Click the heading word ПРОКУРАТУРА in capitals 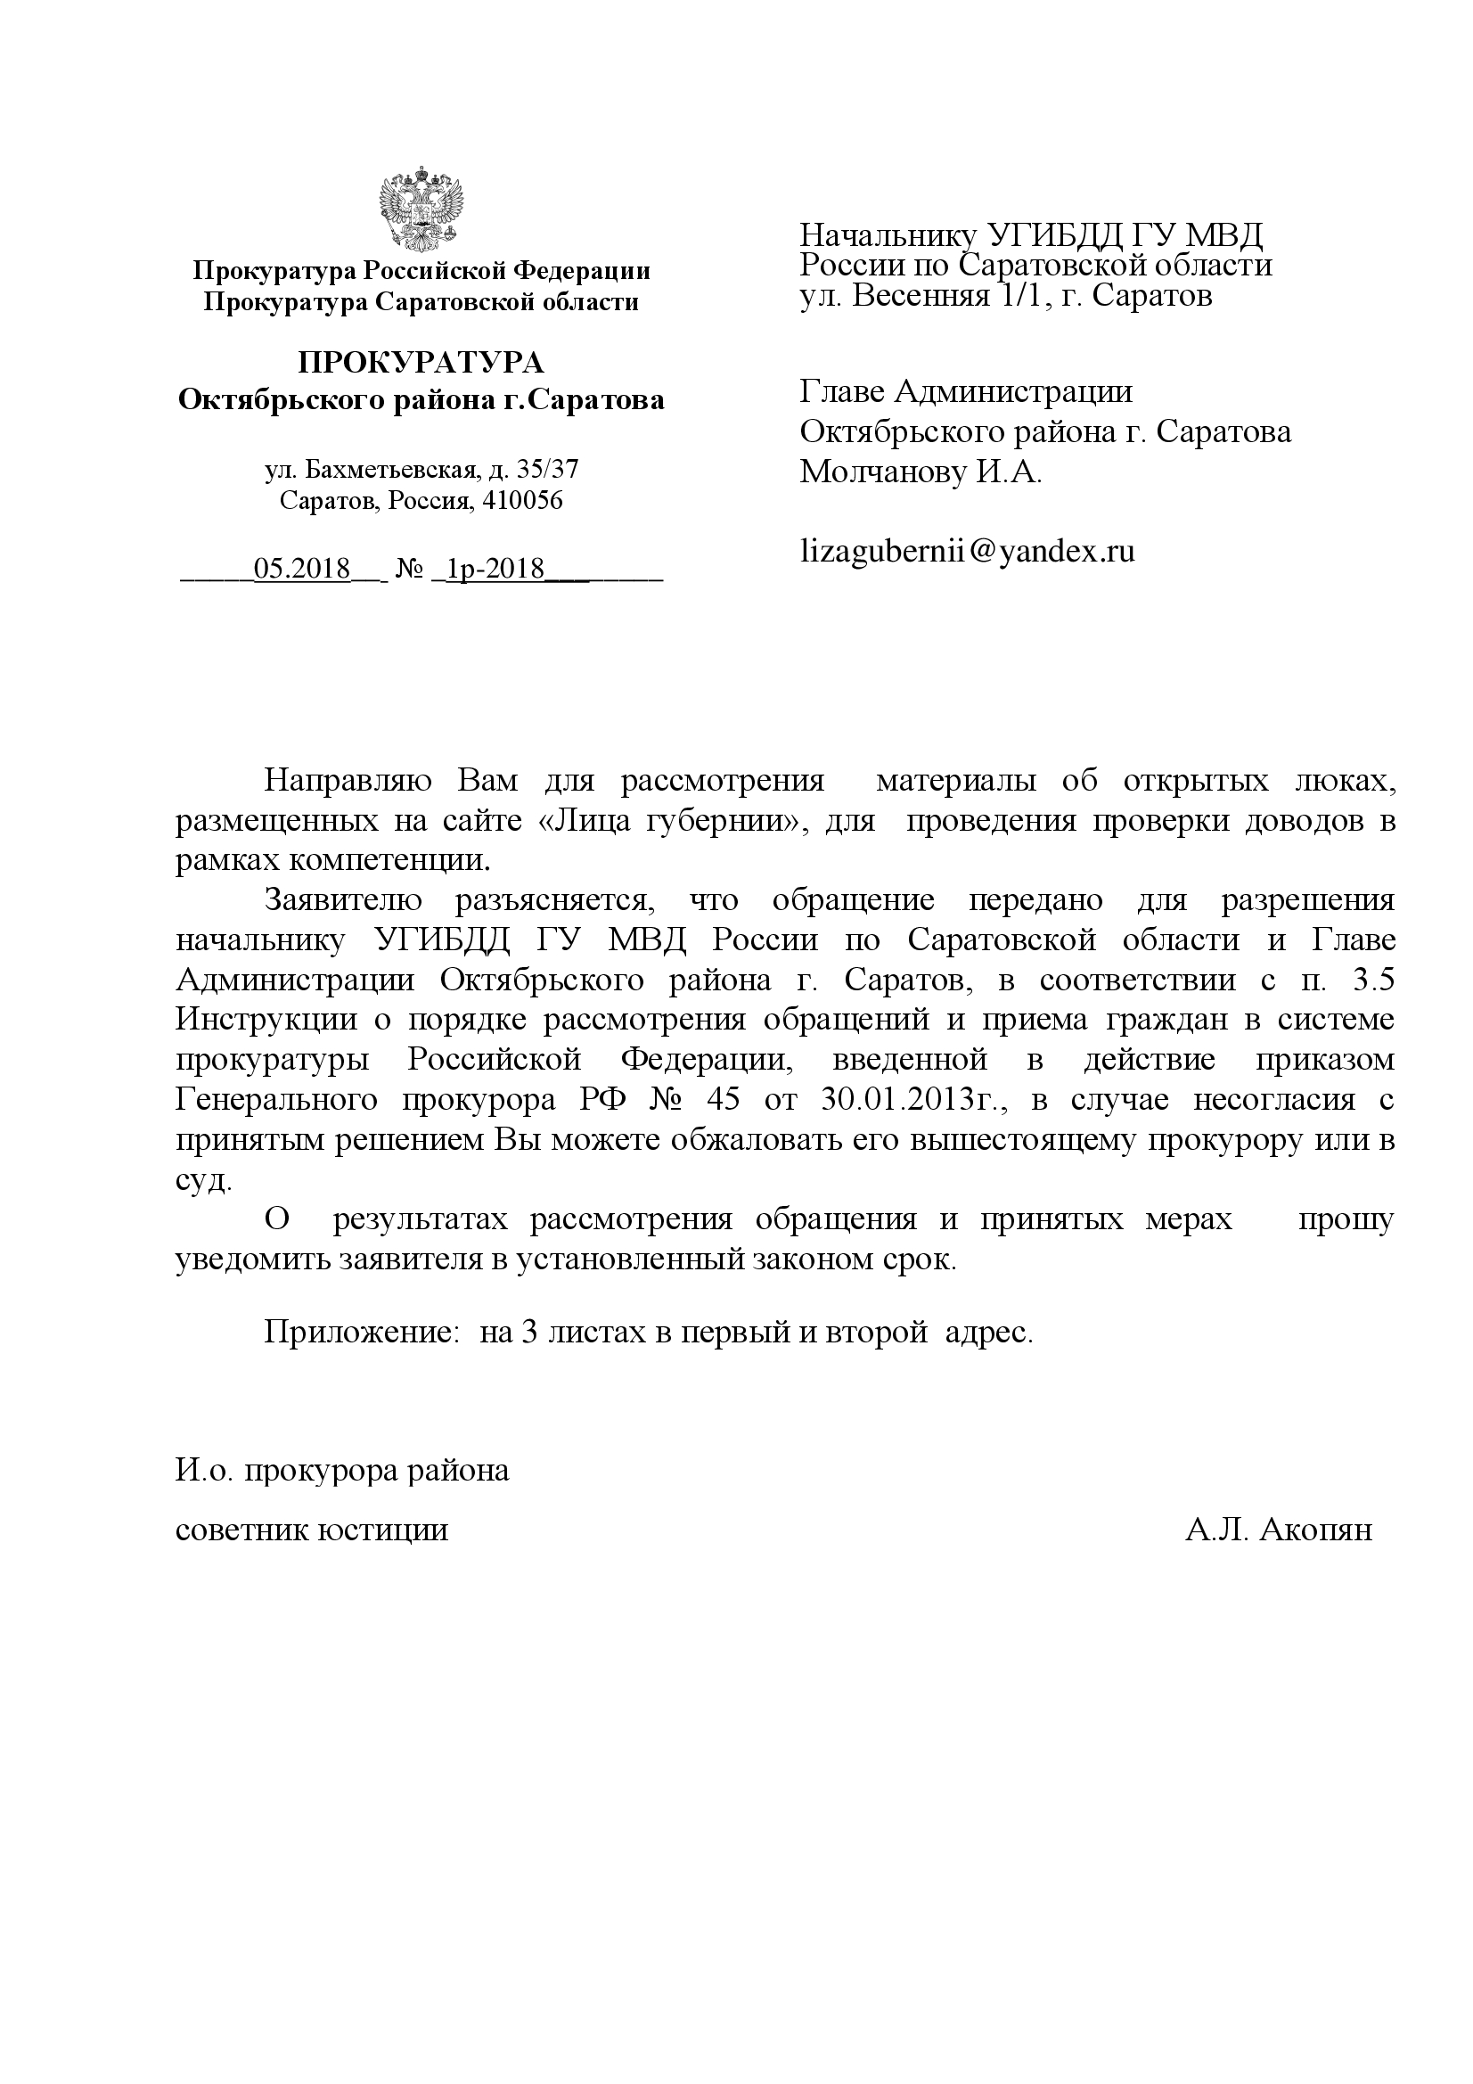pos(421,363)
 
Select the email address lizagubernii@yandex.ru pos(968,551)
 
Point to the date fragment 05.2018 pos(302,569)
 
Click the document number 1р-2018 pos(495,569)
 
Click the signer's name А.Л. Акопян pos(1278,1530)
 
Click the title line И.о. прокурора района pos(342,1470)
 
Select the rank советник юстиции pos(311,1530)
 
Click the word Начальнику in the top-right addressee pos(888,236)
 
